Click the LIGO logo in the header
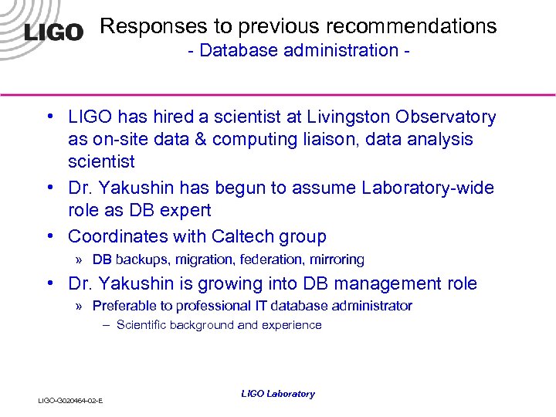[53, 32]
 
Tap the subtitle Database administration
[298, 51]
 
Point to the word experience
[293, 325]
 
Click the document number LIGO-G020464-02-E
[70, 400]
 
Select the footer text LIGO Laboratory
[278, 394]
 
